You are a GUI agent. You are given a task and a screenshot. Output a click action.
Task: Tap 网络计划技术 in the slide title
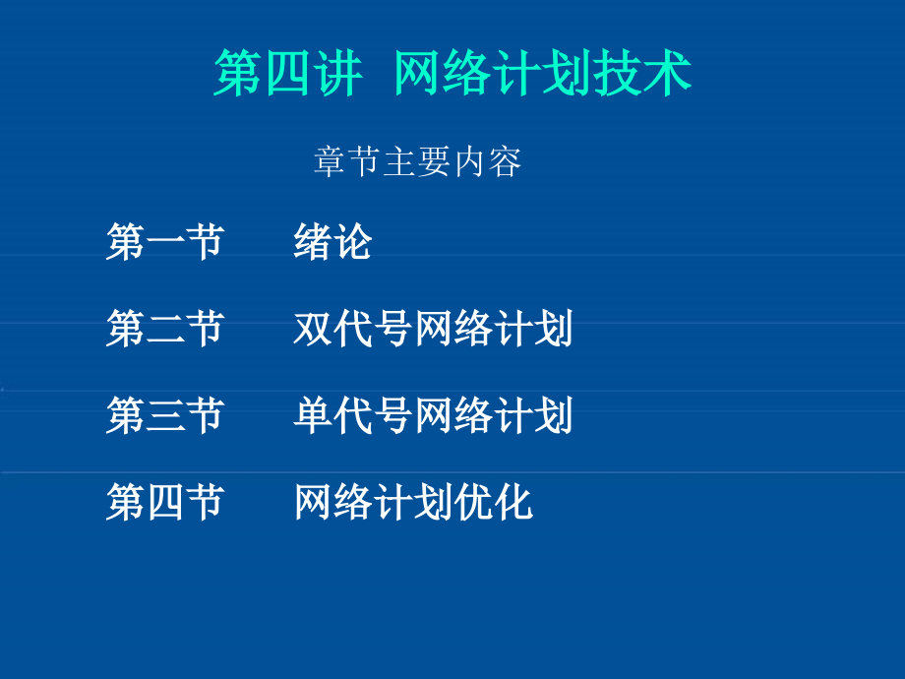542,74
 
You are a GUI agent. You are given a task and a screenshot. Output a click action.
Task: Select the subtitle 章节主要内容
417,161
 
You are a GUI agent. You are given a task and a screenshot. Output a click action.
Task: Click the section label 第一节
165,242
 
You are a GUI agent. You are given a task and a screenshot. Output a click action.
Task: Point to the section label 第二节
165,329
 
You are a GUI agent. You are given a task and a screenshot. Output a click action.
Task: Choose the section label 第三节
165,415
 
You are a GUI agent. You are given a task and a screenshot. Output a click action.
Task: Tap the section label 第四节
165,502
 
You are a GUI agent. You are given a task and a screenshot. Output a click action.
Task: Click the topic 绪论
332,242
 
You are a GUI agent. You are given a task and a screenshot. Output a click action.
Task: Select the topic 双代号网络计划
433,329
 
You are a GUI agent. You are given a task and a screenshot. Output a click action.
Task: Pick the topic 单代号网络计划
433,415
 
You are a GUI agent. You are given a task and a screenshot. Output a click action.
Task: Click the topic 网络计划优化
413,502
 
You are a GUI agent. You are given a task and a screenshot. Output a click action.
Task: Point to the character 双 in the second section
313,329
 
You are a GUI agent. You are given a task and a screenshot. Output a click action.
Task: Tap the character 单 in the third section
313,415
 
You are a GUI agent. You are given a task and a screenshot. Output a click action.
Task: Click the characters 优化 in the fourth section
493,502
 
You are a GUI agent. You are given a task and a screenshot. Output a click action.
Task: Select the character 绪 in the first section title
313,242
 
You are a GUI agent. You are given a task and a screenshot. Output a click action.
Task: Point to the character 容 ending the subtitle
505,161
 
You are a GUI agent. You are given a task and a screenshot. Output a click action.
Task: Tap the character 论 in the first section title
353,242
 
